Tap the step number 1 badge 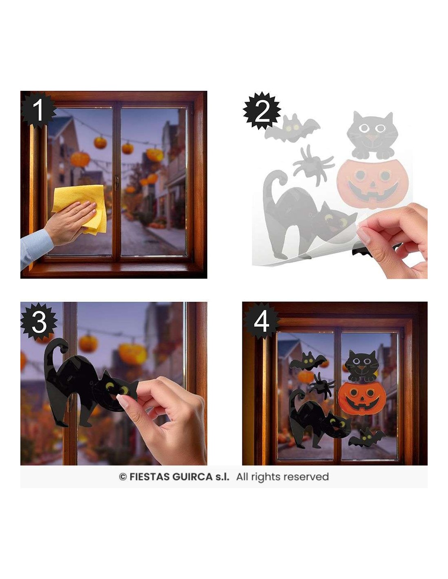[x=37, y=110]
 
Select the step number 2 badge [x=262, y=111]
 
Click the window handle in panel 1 [x=116, y=183]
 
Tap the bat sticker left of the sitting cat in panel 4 [x=308, y=360]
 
